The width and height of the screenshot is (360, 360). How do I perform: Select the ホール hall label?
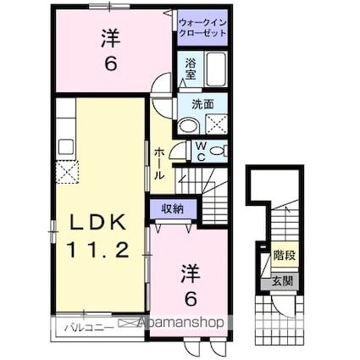159,163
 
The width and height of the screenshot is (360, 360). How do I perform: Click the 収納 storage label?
174,207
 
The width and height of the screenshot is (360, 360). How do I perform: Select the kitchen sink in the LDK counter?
67,144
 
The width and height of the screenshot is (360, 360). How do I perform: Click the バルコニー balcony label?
86,323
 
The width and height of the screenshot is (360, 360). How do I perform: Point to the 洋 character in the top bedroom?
110,37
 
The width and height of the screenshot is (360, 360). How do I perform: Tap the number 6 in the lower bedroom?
191,298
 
